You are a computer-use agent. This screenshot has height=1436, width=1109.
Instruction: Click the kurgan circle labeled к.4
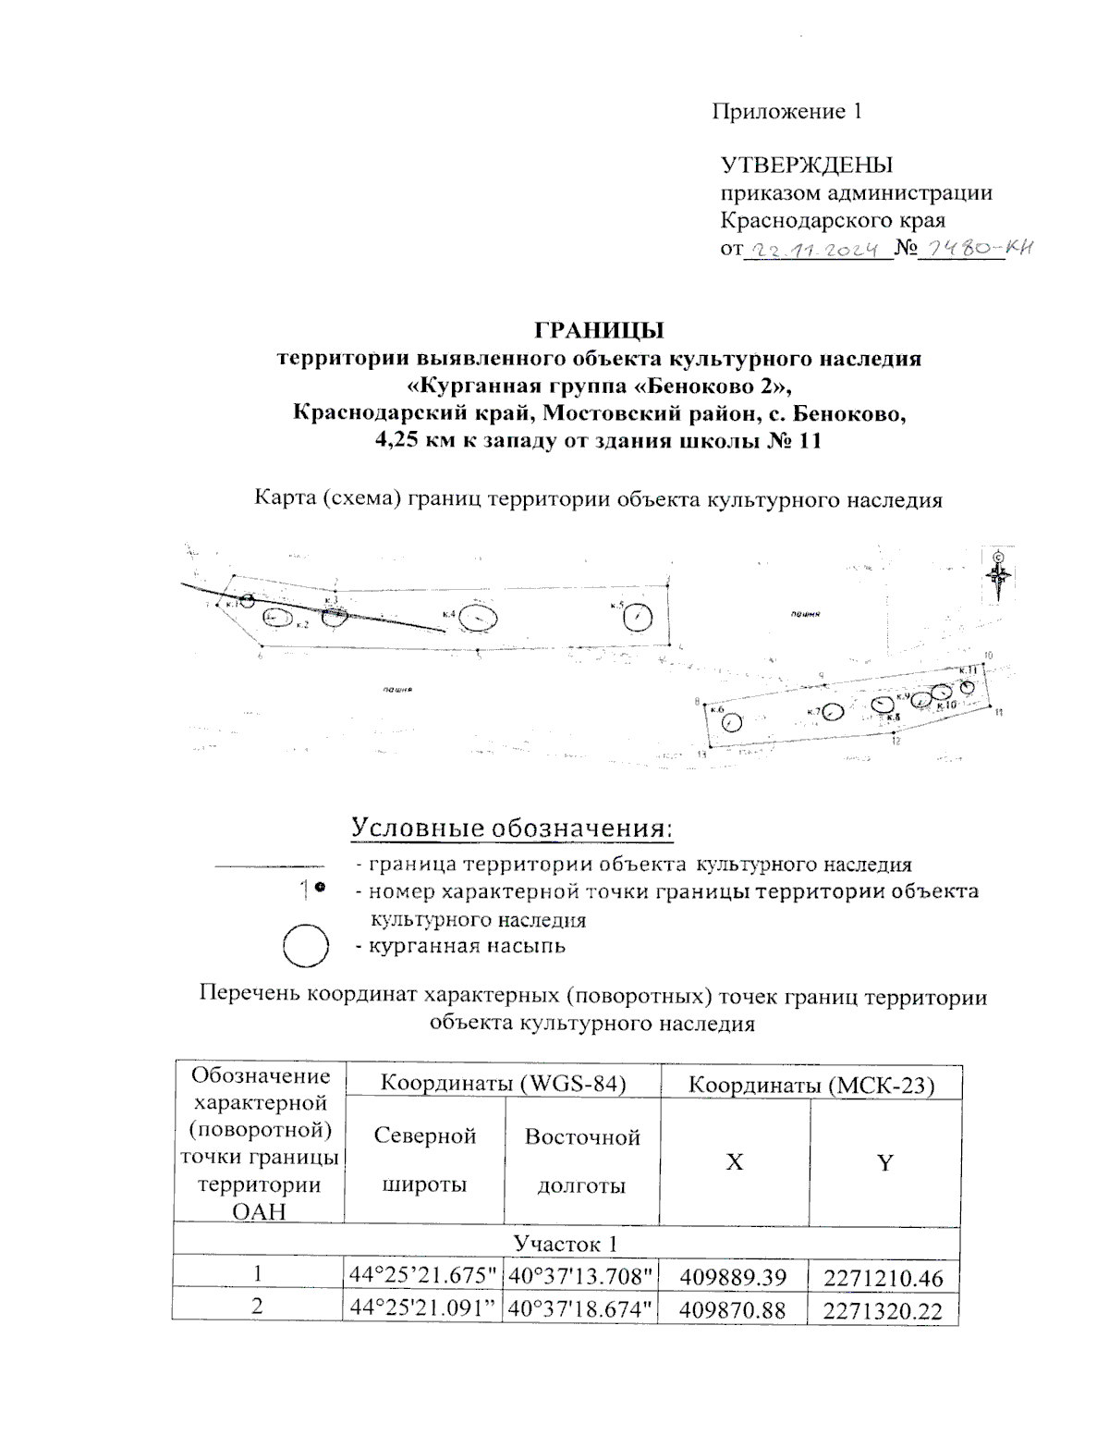click(x=479, y=617)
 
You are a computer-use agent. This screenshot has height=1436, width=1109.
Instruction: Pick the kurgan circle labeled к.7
click(x=833, y=712)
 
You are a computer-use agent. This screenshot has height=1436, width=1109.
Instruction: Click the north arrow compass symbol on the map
click(x=999, y=576)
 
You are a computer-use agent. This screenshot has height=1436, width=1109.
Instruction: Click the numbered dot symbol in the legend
click(x=313, y=889)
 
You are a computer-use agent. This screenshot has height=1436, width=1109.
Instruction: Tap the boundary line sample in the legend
click(x=262, y=866)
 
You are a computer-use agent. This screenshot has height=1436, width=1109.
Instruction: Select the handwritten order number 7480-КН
click(x=978, y=248)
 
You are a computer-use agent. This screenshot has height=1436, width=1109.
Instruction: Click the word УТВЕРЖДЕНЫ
click(x=806, y=166)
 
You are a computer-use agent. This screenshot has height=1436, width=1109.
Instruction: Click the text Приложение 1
click(x=786, y=112)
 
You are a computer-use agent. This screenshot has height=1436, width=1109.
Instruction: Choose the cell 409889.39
click(x=733, y=1278)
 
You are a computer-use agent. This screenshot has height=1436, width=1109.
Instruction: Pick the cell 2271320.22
click(x=884, y=1309)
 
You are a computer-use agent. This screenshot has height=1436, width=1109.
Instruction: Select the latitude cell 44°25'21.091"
click(x=423, y=1308)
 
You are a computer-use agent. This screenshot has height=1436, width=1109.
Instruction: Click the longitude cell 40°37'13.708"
click(x=580, y=1277)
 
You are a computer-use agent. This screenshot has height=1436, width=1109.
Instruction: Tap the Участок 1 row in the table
click(x=565, y=1242)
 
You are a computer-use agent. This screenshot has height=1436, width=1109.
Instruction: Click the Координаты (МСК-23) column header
click(x=811, y=1086)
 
